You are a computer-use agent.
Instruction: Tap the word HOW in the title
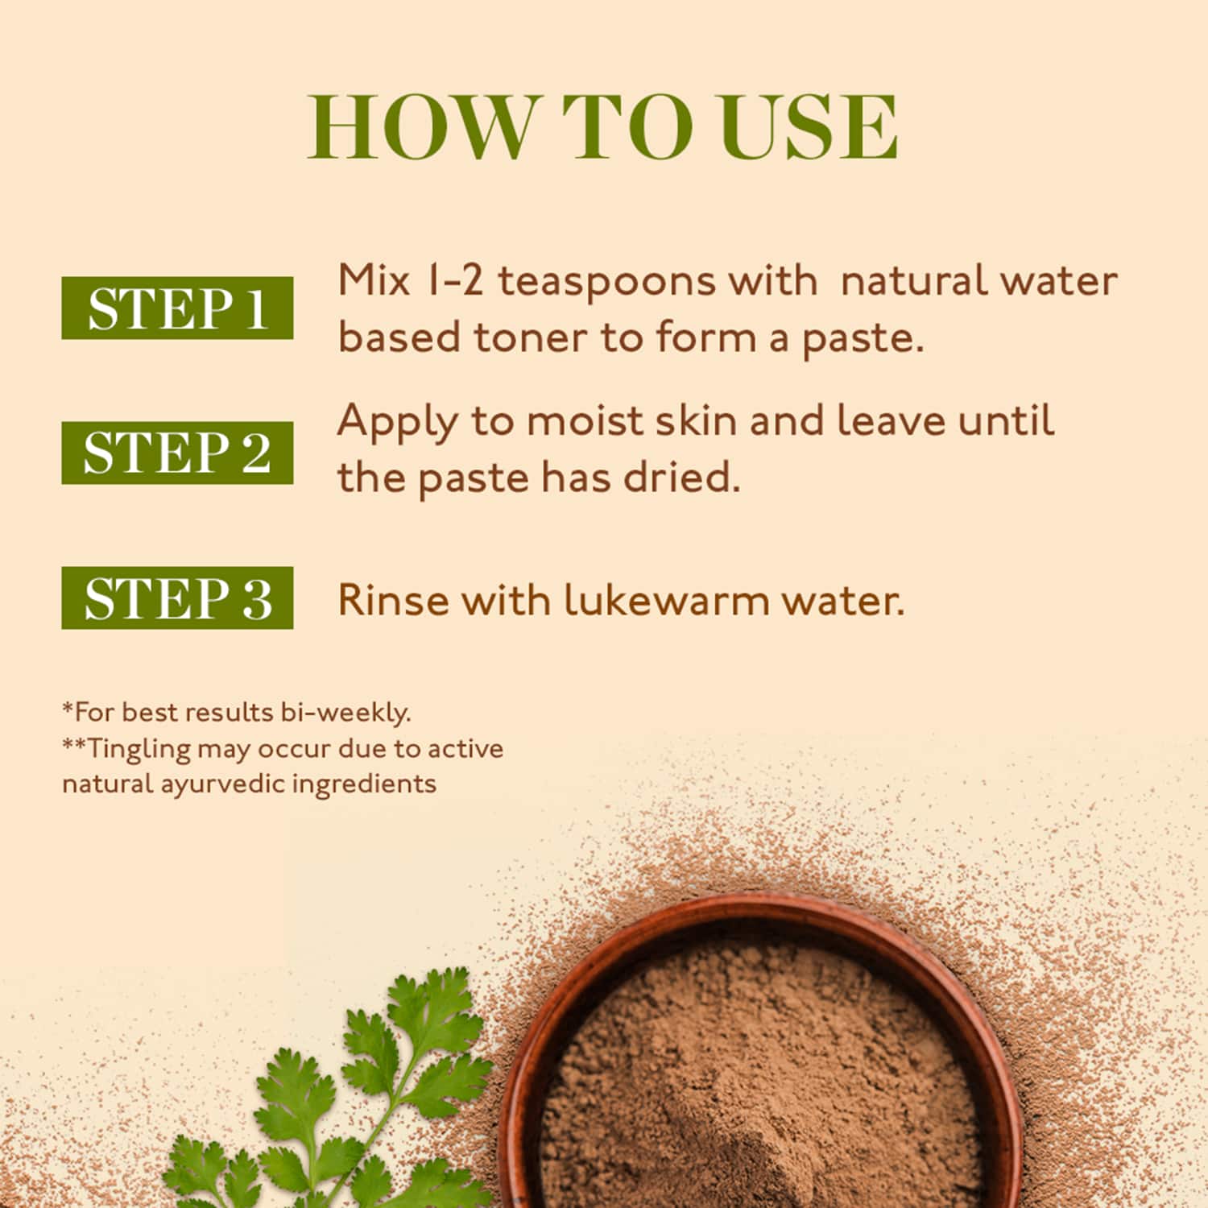[421, 127]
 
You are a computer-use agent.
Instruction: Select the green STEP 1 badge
[177, 308]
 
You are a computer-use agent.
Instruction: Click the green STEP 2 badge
[177, 453]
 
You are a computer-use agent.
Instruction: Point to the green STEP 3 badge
[177, 598]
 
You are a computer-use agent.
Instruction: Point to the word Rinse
[391, 601]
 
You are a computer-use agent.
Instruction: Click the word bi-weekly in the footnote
[346, 713]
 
